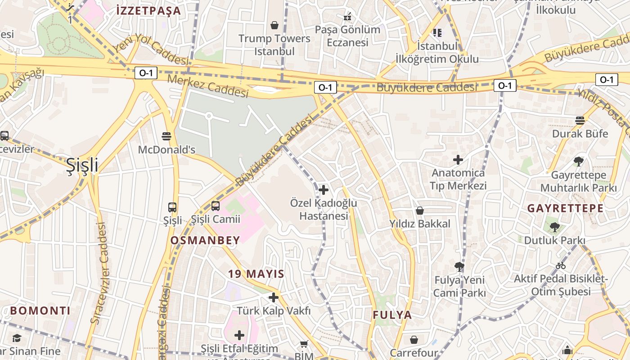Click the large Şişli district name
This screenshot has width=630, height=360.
click(82, 166)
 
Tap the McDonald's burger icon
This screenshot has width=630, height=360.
click(166, 136)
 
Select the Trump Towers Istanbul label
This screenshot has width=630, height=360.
click(274, 45)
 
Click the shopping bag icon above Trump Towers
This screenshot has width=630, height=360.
click(274, 25)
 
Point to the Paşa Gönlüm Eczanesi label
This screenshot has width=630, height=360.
click(347, 36)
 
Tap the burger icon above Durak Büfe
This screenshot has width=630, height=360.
click(580, 120)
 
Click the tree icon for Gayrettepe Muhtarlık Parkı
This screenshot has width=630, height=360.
click(579, 162)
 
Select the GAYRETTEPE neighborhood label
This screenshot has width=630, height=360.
click(565, 208)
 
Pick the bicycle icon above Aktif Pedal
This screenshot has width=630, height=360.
click(561, 265)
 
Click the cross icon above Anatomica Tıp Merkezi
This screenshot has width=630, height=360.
click(458, 160)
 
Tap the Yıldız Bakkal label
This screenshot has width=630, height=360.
click(420, 224)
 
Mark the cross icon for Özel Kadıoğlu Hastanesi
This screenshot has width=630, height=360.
click(323, 190)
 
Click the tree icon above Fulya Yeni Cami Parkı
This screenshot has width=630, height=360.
click(459, 267)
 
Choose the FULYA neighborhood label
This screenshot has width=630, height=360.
click(392, 315)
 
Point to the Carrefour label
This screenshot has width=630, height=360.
click(414, 352)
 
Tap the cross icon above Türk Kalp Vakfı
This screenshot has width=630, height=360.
click(274, 297)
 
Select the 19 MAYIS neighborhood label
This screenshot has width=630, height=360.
click(256, 274)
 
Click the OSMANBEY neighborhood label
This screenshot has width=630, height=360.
click(205, 241)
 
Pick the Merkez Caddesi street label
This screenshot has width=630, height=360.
click(208, 85)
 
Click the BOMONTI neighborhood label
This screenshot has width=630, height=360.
click(40, 310)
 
